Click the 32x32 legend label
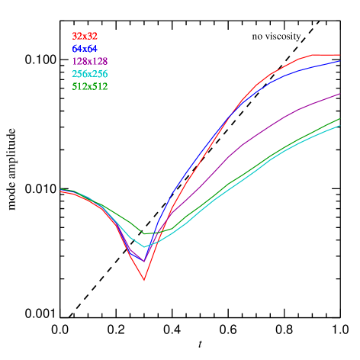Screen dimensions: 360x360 click(85, 36)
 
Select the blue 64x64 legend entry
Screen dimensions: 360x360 click(85, 49)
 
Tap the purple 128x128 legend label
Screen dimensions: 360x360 click(89, 61)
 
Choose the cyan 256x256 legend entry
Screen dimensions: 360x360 click(89, 74)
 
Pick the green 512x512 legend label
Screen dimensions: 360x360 click(89, 86)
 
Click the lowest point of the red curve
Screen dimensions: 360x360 click(143, 281)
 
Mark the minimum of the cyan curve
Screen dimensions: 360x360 click(144, 247)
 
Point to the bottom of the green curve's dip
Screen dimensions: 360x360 click(144, 233)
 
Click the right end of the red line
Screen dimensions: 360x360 click(339, 55)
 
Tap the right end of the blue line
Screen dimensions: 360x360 click(339, 60)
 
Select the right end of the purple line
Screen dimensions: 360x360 click(339, 94)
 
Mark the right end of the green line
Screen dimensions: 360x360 click(339, 118)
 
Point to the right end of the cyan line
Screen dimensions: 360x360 click(339, 125)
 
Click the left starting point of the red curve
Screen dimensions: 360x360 click(61, 191)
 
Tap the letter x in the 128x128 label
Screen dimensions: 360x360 click(89, 61)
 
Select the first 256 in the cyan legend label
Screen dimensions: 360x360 click(80, 74)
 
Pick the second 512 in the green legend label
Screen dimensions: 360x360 click(100, 86)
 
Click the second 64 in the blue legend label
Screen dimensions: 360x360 click(92, 49)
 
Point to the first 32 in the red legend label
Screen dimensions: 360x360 click(77, 36)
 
